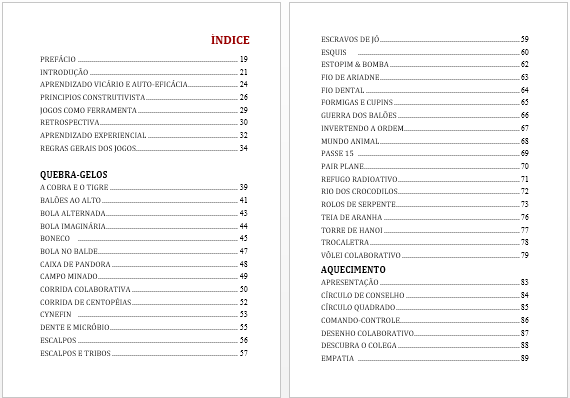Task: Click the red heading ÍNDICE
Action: click(x=230, y=40)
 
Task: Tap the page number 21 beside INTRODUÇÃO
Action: click(x=243, y=73)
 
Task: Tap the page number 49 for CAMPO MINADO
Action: click(x=243, y=276)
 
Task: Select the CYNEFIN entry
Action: click(x=55, y=314)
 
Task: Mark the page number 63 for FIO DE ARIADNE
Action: click(x=524, y=77)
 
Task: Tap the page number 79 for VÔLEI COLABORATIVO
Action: click(x=524, y=255)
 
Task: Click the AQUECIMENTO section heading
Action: click(x=352, y=270)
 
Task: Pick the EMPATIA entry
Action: click(x=337, y=358)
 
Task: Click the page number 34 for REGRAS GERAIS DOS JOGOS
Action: click(x=243, y=148)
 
